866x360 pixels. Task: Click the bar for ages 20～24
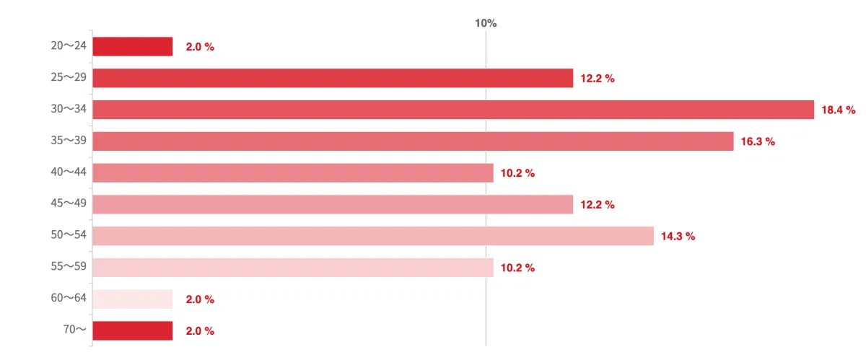point(133,46)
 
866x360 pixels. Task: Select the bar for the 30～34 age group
point(453,110)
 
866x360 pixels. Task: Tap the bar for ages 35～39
point(413,141)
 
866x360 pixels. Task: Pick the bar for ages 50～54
point(373,236)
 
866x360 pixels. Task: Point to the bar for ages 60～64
point(133,299)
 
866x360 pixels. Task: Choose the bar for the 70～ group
point(133,330)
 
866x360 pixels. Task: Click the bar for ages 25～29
point(333,78)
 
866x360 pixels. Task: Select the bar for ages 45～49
point(333,204)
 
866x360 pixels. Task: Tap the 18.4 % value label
point(838,110)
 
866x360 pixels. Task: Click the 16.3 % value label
point(758,142)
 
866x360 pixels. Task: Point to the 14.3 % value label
point(678,237)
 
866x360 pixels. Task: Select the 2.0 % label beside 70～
point(200,331)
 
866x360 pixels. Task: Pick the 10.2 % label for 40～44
point(517,173)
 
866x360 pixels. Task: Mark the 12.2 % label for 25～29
point(598,79)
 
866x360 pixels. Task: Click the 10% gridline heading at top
point(486,23)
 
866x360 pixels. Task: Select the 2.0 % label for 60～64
point(200,299)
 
